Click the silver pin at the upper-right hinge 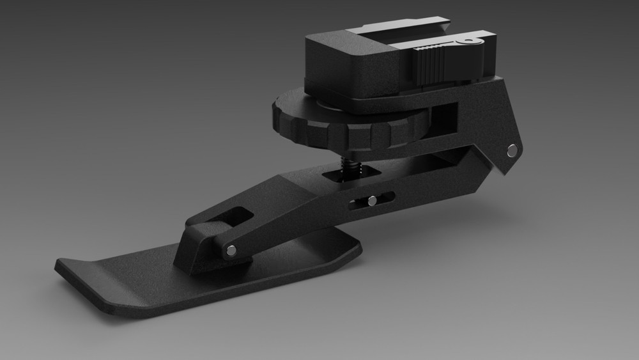point(512,151)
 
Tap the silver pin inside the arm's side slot point(372,201)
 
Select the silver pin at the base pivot point(231,251)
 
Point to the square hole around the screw point(342,173)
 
